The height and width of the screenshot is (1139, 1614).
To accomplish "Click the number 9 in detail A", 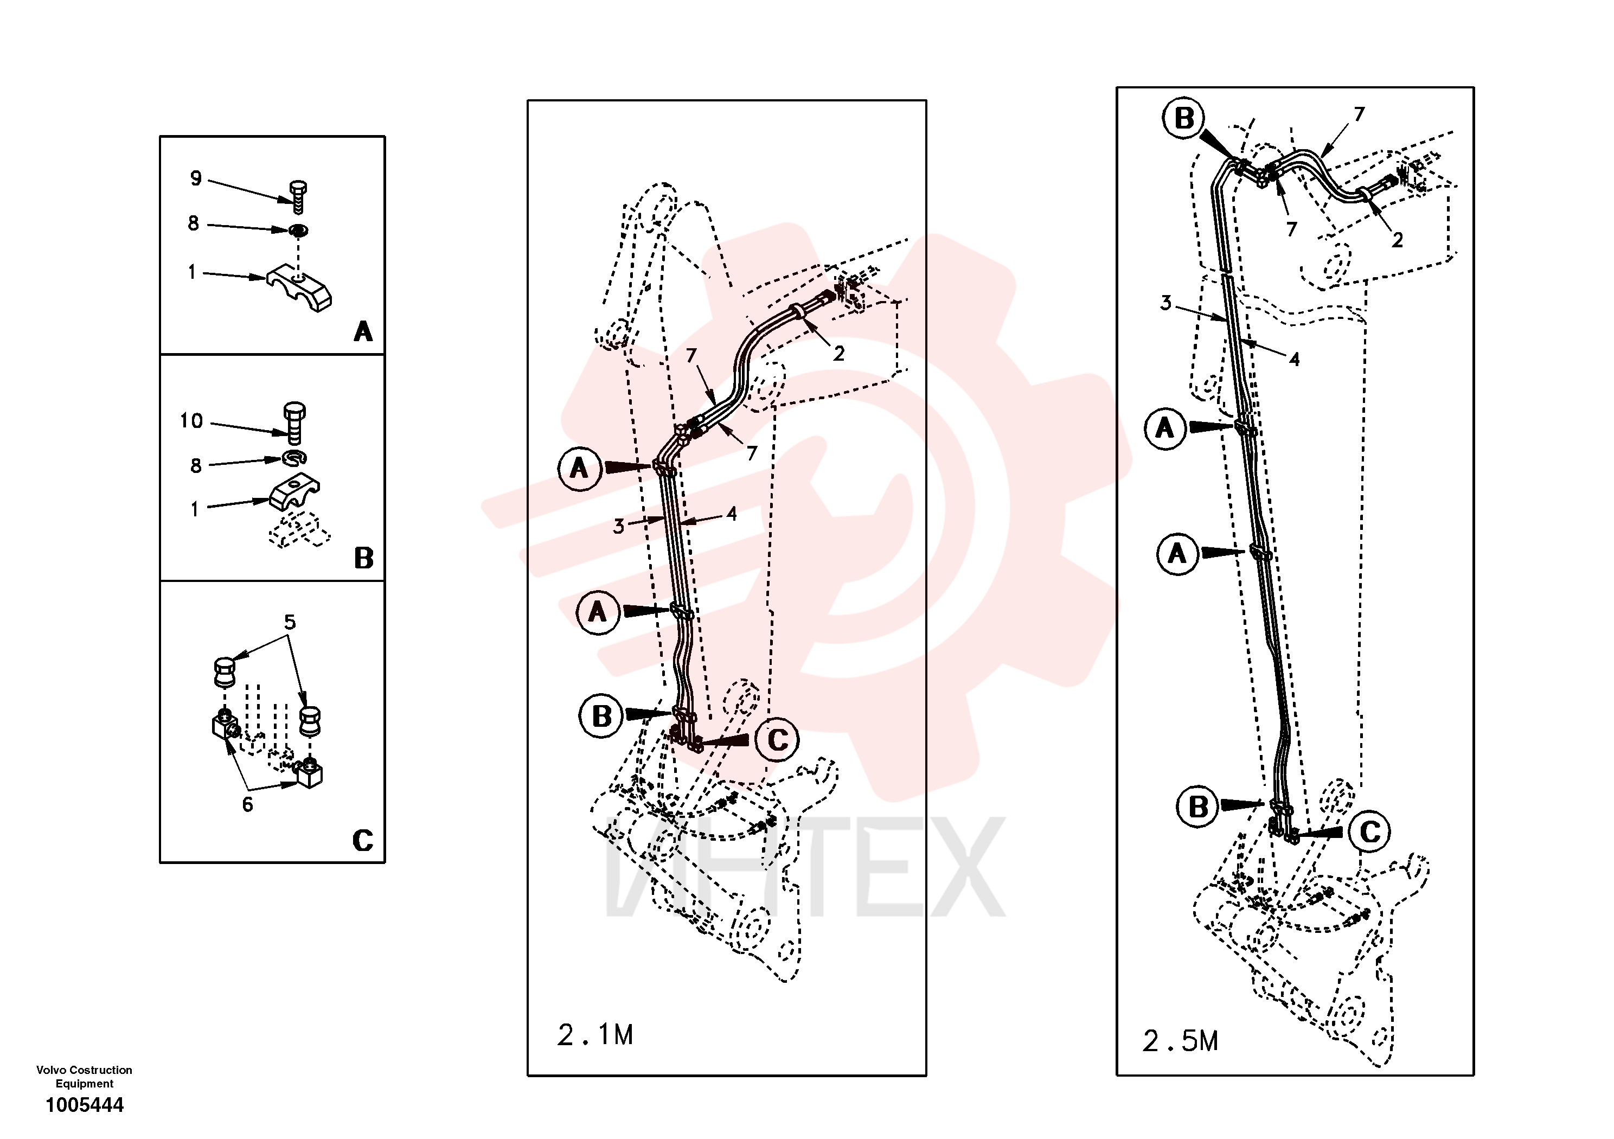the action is point(195,178).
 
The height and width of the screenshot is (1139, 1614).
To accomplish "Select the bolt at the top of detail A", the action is point(298,197).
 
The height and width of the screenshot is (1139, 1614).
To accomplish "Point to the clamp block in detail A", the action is point(299,287).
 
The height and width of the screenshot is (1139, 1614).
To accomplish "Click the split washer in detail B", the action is point(295,458).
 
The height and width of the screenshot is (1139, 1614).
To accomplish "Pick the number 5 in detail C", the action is point(290,622).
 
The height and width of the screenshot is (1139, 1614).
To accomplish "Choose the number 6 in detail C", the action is point(247,805).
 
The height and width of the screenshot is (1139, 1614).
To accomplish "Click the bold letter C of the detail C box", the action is point(363,840).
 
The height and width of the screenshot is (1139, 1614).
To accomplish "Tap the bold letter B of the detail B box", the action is point(363,558).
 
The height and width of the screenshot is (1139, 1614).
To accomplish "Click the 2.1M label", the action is point(595,1035).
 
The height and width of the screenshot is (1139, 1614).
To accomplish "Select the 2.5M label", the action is point(1180,1041).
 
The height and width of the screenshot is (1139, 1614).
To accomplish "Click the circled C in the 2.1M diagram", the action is point(778,740).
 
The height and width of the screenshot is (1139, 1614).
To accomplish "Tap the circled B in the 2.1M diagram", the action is point(601,716).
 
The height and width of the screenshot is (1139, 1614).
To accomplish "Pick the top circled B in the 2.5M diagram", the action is point(1184,118).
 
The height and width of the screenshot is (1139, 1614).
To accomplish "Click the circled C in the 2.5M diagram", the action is point(1370,832).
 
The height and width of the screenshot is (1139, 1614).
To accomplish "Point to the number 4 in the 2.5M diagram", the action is point(1294,359).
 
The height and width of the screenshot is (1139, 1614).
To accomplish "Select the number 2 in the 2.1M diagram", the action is point(838,354).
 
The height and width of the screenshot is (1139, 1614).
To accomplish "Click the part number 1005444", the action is point(85,1105).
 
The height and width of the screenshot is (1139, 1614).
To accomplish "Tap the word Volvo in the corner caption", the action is point(52,1070).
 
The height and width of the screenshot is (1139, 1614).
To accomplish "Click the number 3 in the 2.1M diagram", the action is point(619,526).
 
